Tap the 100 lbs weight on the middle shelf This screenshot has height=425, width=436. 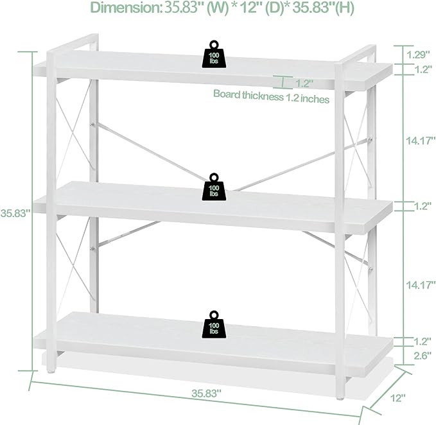coord(214,187)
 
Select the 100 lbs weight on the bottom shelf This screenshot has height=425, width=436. coord(214,325)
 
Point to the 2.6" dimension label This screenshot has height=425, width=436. coord(423,356)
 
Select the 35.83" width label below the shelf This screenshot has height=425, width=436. coord(206,393)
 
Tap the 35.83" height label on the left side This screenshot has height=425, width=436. coord(15,213)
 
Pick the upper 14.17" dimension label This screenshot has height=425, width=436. coord(421,141)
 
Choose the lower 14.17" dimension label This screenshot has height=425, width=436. coord(421,284)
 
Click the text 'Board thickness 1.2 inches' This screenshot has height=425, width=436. coord(271,97)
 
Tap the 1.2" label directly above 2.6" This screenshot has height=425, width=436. coord(423,341)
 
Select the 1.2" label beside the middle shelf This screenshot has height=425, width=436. coord(423,206)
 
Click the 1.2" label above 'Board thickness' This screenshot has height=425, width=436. coord(304,83)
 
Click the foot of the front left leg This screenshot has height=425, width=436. coord(51,370)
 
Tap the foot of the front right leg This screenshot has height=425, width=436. coord(339,397)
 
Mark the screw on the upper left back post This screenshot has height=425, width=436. coord(92,125)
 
